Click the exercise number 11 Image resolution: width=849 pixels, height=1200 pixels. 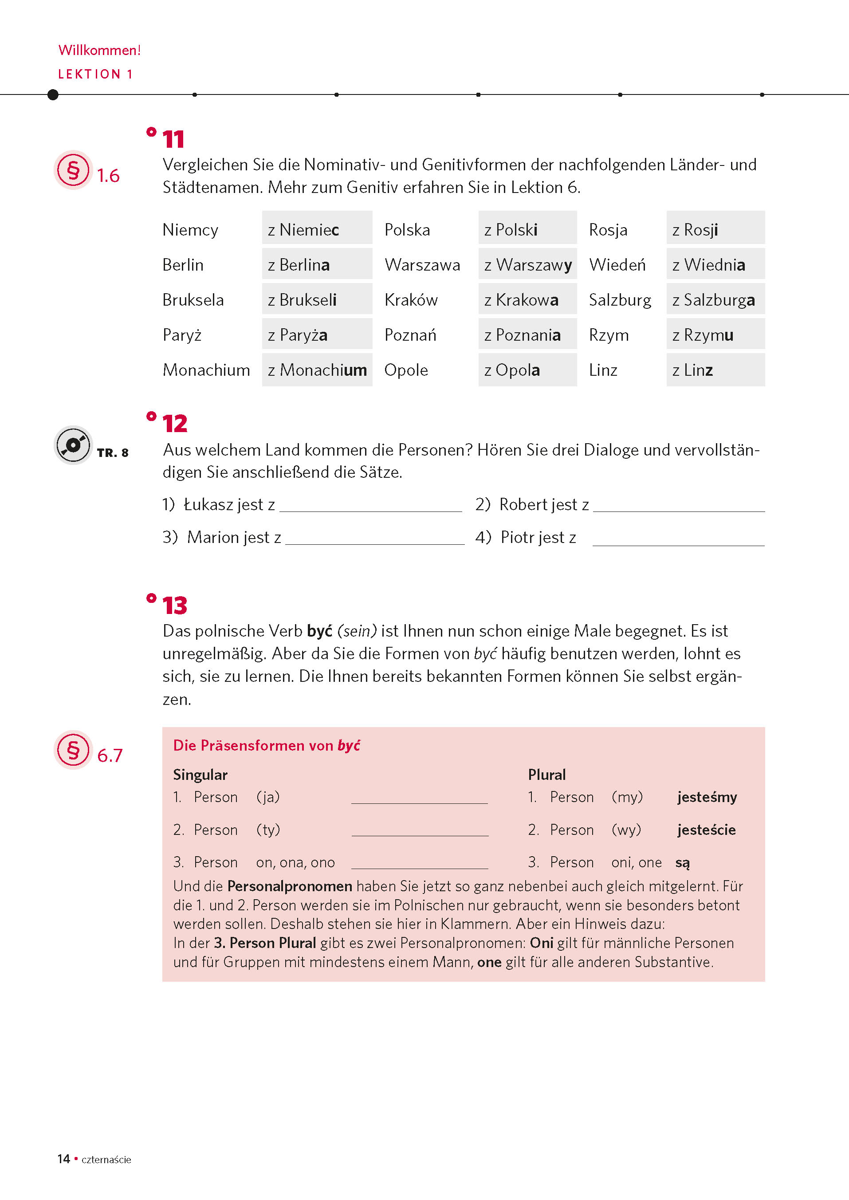click(x=173, y=140)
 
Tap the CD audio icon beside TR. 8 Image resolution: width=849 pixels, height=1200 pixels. click(x=73, y=445)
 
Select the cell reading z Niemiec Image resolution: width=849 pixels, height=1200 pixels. click(x=316, y=229)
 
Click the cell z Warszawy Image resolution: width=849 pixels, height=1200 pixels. click(x=527, y=264)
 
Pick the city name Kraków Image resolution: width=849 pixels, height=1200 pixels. click(x=411, y=299)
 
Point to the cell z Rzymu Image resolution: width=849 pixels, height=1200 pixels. click(x=715, y=334)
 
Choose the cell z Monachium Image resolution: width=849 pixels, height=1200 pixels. click(x=317, y=370)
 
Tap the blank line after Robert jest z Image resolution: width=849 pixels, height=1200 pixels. click(x=679, y=506)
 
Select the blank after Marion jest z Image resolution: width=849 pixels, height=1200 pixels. click(x=374, y=539)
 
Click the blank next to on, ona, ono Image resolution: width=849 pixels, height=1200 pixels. click(x=419, y=863)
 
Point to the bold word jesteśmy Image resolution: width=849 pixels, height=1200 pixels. click(x=707, y=797)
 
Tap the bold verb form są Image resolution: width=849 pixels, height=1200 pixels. click(x=682, y=863)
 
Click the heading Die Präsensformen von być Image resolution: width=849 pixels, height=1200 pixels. click(x=267, y=745)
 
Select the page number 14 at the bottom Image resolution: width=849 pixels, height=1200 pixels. click(x=64, y=1159)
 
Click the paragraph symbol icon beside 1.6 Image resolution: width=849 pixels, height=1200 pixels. click(x=73, y=170)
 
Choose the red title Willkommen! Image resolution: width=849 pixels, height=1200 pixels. click(x=99, y=50)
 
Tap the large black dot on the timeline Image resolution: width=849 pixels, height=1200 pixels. click(x=53, y=94)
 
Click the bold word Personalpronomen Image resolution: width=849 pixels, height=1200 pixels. click(x=290, y=886)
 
